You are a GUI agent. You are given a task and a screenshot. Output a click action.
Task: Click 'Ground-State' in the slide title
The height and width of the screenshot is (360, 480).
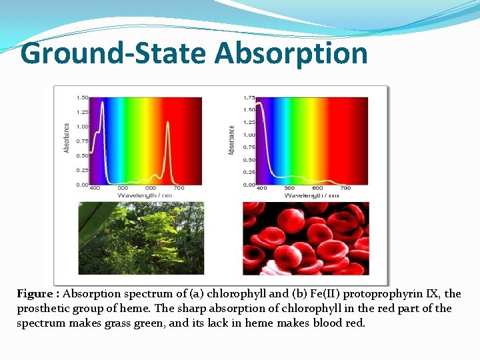(x=115, y=53)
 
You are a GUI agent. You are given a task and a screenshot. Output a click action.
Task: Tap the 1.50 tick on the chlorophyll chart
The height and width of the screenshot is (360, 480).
(x=81, y=97)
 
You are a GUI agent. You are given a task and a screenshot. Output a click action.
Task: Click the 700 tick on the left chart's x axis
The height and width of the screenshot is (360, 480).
(x=179, y=189)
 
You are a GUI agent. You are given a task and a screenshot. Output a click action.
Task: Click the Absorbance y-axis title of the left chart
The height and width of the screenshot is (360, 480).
(x=67, y=137)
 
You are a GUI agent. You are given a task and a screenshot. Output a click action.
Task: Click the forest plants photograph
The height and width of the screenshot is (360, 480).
(x=141, y=238)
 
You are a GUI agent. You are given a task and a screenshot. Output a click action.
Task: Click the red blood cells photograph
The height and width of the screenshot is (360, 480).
(x=305, y=238)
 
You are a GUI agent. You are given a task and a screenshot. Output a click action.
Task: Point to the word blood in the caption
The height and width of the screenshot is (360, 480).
(x=329, y=323)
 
